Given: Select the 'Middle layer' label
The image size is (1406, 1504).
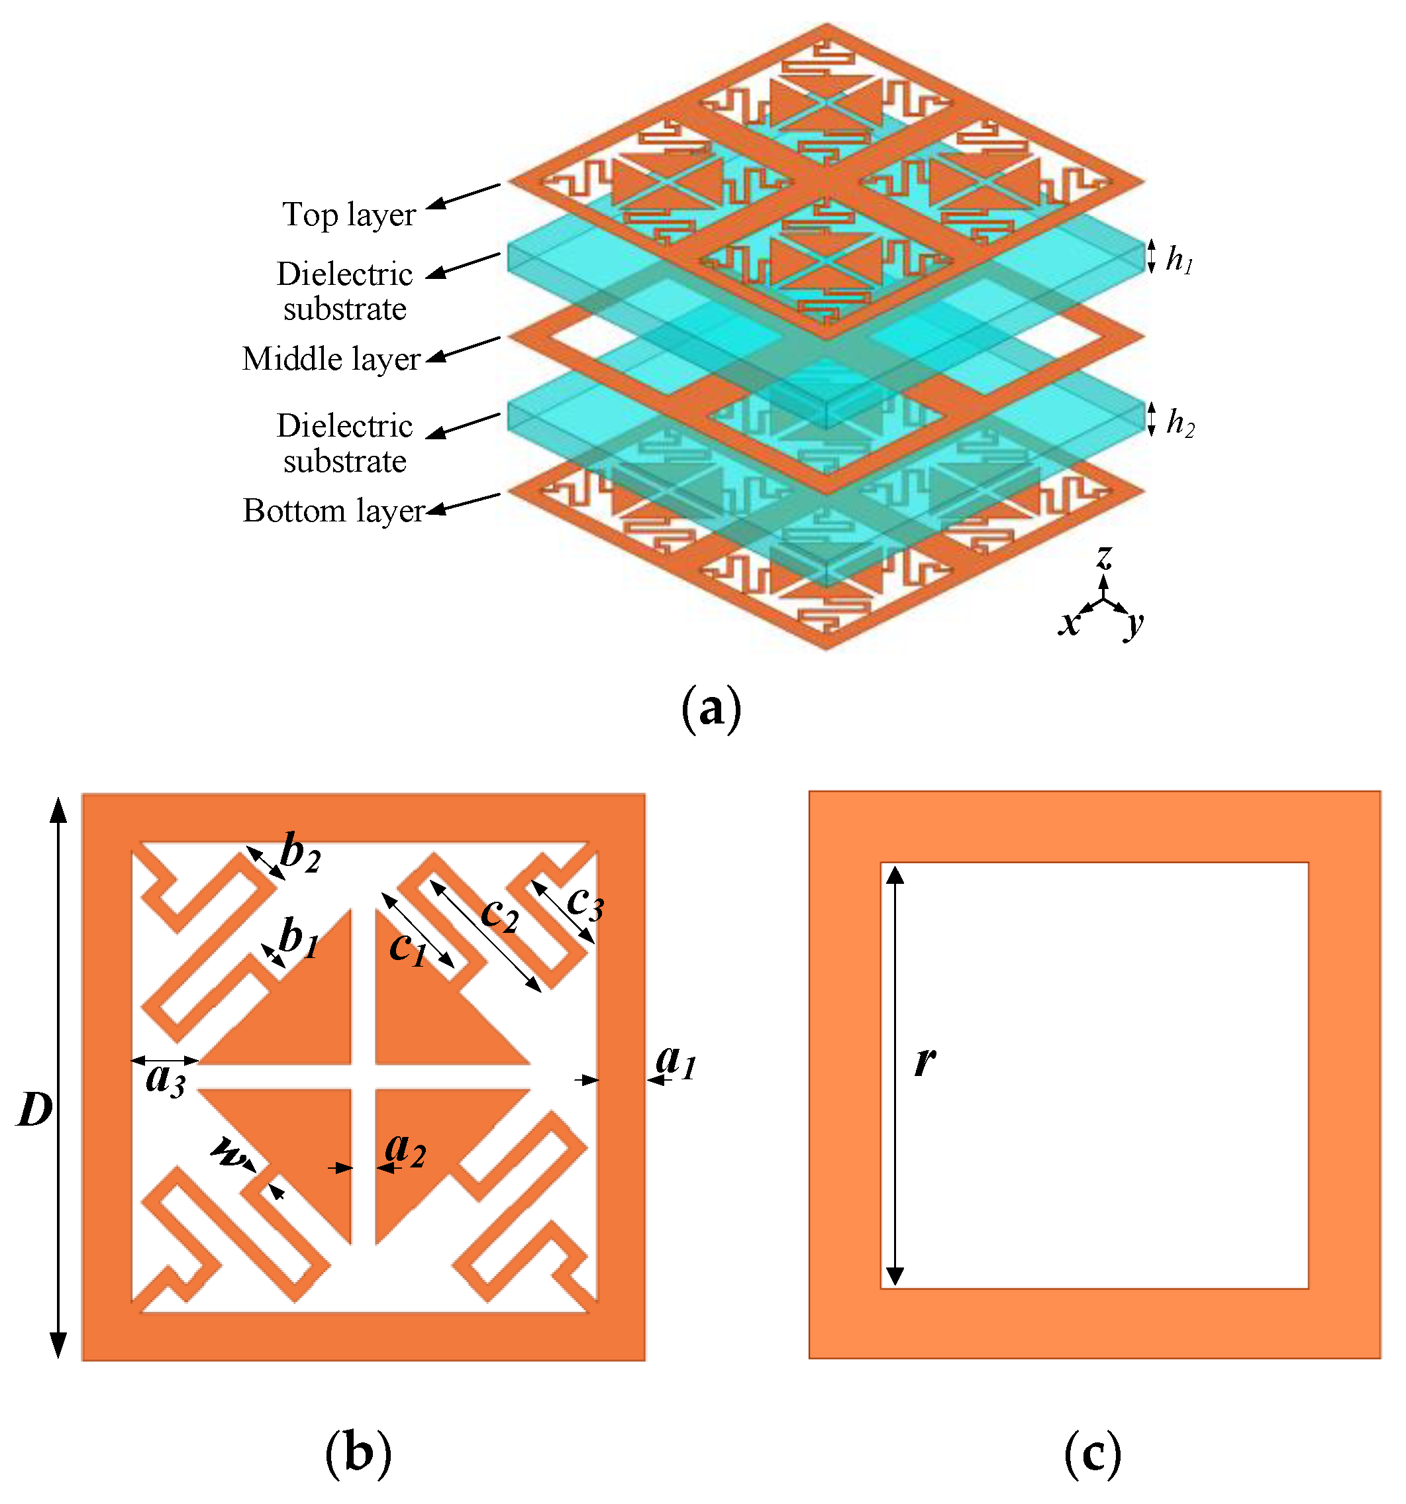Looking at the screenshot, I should [330, 359].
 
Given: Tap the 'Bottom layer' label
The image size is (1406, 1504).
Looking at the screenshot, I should [334, 511].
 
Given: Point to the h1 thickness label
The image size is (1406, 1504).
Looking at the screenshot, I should [1178, 260].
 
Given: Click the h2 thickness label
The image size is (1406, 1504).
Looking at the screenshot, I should [1180, 423].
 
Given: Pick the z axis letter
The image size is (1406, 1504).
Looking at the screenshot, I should [1104, 557].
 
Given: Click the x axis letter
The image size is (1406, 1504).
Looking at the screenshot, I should [1068, 624].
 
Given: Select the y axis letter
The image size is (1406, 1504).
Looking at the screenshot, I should [1134, 624].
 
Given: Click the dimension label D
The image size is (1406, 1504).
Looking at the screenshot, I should [35, 1110].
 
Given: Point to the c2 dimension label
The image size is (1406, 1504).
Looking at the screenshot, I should [500, 914].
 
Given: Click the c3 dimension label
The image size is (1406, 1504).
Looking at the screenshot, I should [585, 902].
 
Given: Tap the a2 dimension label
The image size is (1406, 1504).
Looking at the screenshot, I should [405, 1149].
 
